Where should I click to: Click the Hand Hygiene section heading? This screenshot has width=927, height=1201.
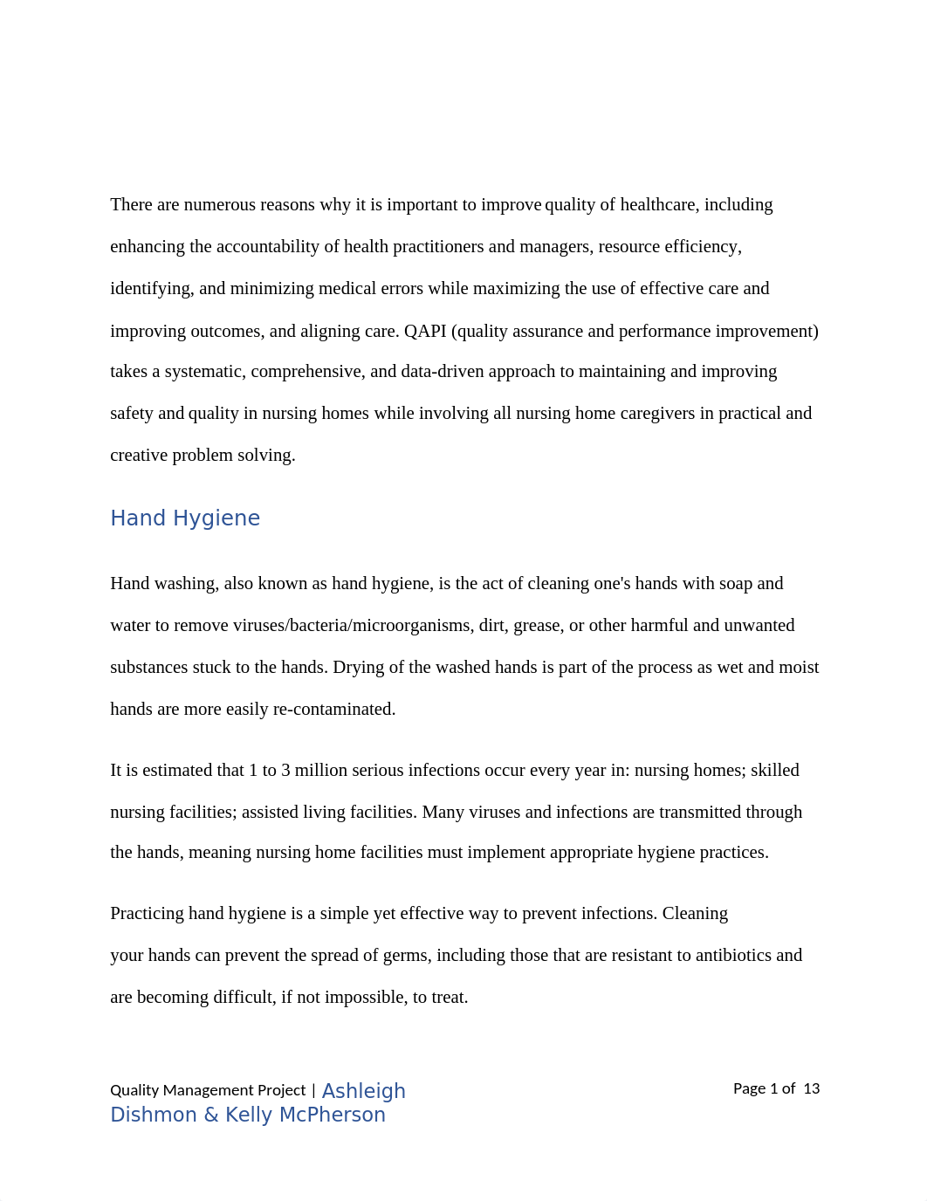point(185,518)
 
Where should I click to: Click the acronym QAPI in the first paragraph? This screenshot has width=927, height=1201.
point(425,332)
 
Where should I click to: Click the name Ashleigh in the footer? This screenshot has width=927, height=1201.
point(364,1091)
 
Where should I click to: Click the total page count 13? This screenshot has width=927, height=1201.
point(812,1088)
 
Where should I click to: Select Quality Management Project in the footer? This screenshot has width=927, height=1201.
point(208,1090)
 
